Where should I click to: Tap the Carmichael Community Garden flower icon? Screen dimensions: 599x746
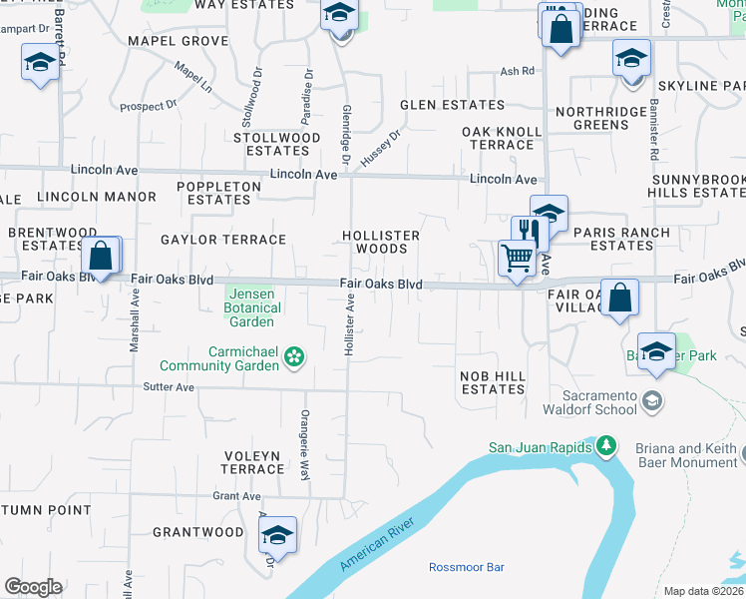[x=294, y=356]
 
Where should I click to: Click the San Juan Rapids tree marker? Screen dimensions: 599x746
[x=605, y=445]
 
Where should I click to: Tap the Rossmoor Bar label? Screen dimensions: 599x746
[x=466, y=567]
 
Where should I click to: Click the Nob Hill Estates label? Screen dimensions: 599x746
[x=491, y=382]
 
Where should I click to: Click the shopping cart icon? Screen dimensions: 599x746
[x=517, y=258]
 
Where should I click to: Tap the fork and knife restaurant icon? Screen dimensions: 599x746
[x=529, y=234]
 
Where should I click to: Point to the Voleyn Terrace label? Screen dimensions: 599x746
[x=252, y=462]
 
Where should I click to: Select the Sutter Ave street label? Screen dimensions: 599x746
[x=167, y=385]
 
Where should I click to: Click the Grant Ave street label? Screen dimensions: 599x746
[x=235, y=495]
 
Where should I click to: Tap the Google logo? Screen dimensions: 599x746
[x=33, y=586]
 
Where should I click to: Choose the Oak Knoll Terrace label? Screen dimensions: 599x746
[x=502, y=138]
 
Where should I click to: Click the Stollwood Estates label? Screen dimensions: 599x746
[x=277, y=144]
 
